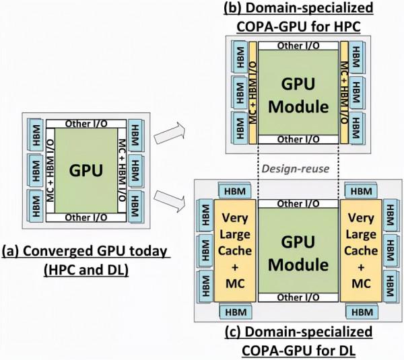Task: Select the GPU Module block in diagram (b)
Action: (x=297, y=94)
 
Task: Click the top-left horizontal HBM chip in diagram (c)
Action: (x=233, y=192)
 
